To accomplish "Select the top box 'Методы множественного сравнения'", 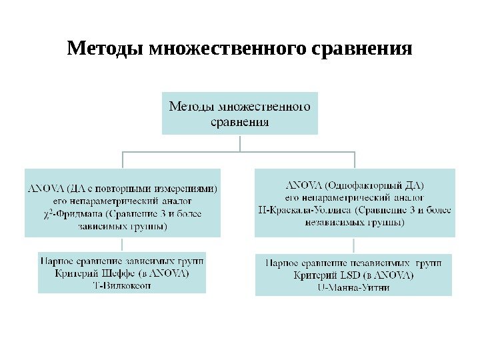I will coord(240,113).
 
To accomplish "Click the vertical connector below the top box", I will coord(240,143).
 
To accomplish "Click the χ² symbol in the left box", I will coord(48,214).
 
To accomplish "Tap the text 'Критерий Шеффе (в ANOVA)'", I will coord(122,274).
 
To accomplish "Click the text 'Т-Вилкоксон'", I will coord(122,285).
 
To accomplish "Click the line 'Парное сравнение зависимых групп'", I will coord(122,261).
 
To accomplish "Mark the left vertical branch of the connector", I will coord(123,159).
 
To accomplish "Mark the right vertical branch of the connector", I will coord(355,159).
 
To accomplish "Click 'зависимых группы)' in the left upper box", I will coord(123,227).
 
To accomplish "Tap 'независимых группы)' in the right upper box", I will coord(354,223).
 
